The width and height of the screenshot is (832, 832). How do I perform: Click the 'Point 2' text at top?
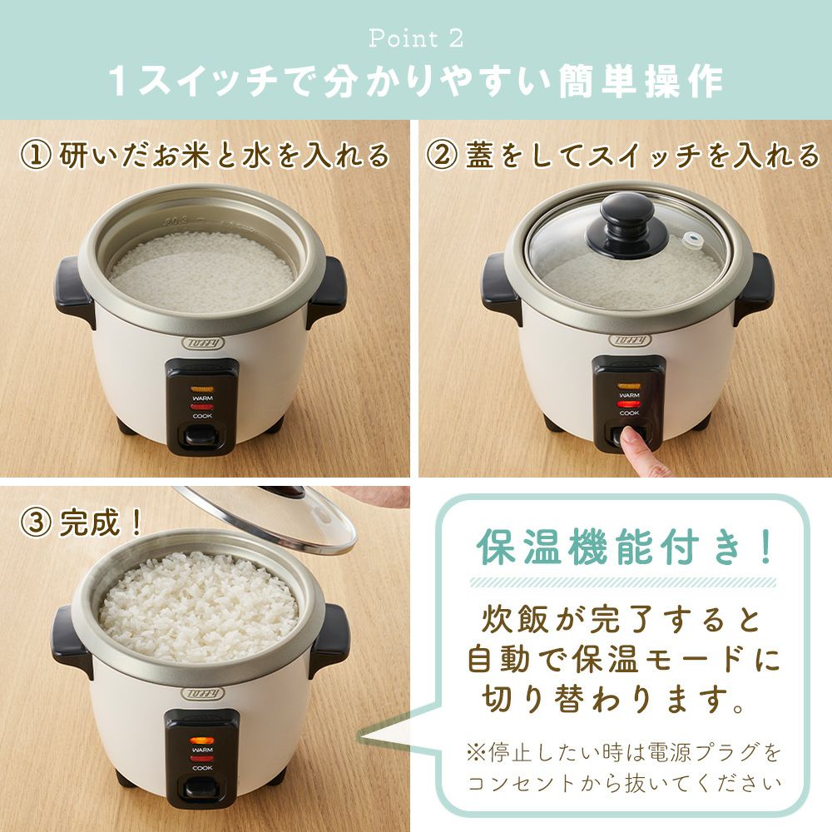click(416, 38)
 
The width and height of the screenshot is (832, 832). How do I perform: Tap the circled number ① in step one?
click(36, 156)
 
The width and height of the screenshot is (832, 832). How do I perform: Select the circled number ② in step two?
click(442, 156)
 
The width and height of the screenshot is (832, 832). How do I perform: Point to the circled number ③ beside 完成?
click(36, 522)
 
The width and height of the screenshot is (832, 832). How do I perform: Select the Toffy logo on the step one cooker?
click(203, 342)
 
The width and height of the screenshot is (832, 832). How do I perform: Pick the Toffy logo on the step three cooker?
click(203, 693)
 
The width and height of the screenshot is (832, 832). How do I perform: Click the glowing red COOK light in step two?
click(629, 404)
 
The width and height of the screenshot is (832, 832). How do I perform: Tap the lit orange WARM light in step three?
click(202, 740)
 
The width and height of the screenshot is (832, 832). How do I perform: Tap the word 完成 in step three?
click(90, 522)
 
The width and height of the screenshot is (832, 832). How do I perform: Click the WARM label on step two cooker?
click(629, 395)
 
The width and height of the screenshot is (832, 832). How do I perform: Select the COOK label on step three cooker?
click(202, 767)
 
